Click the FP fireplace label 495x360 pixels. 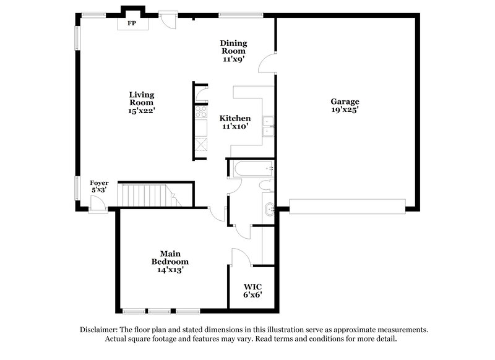coord(132,24)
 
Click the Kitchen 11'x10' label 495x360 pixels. coord(235,122)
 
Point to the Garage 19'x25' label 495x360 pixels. coord(345,105)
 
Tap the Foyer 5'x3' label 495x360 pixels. coord(99,187)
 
